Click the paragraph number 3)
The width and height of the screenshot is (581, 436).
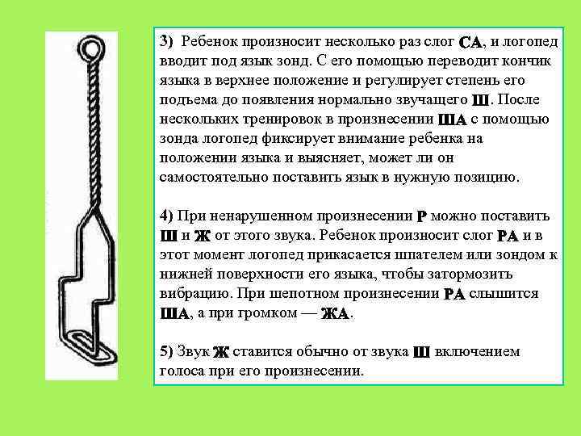(x=167, y=41)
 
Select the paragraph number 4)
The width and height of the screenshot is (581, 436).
(x=167, y=216)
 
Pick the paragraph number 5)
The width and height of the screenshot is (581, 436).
(x=167, y=351)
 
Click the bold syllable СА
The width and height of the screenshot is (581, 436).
(x=470, y=42)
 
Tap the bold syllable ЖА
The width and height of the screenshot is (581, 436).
(x=335, y=314)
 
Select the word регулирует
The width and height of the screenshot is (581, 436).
(x=403, y=81)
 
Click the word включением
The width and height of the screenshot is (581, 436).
(x=477, y=351)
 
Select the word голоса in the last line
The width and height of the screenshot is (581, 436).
(x=182, y=371)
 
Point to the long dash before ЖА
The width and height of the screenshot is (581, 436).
(x=308, y=313)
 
